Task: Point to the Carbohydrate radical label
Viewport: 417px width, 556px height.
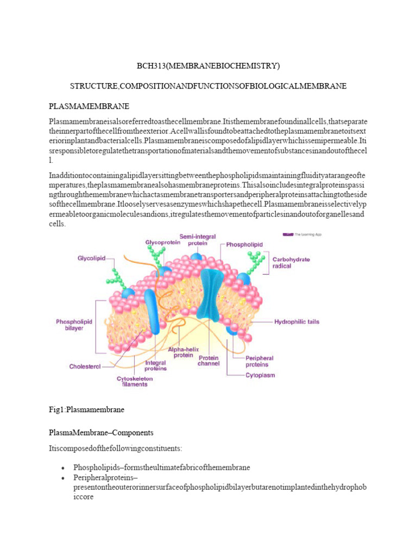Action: (x=290, y=263)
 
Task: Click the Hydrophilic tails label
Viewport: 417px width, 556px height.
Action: (x=296, y=321)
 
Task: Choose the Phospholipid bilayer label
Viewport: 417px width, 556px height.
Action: (x=74, y=325)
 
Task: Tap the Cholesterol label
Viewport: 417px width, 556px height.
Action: (x=85, y=367)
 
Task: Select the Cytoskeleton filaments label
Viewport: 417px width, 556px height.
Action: (x=132, y=381)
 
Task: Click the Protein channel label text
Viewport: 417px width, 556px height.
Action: (x=208, y=361)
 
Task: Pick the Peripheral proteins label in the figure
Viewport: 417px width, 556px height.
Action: (x=259, y=362)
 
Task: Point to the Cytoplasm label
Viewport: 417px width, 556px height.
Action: (x=260, y=375)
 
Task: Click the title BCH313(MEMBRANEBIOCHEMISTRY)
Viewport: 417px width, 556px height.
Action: (x=208, y=66)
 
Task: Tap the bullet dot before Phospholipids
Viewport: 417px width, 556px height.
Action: (x=64, y=468)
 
